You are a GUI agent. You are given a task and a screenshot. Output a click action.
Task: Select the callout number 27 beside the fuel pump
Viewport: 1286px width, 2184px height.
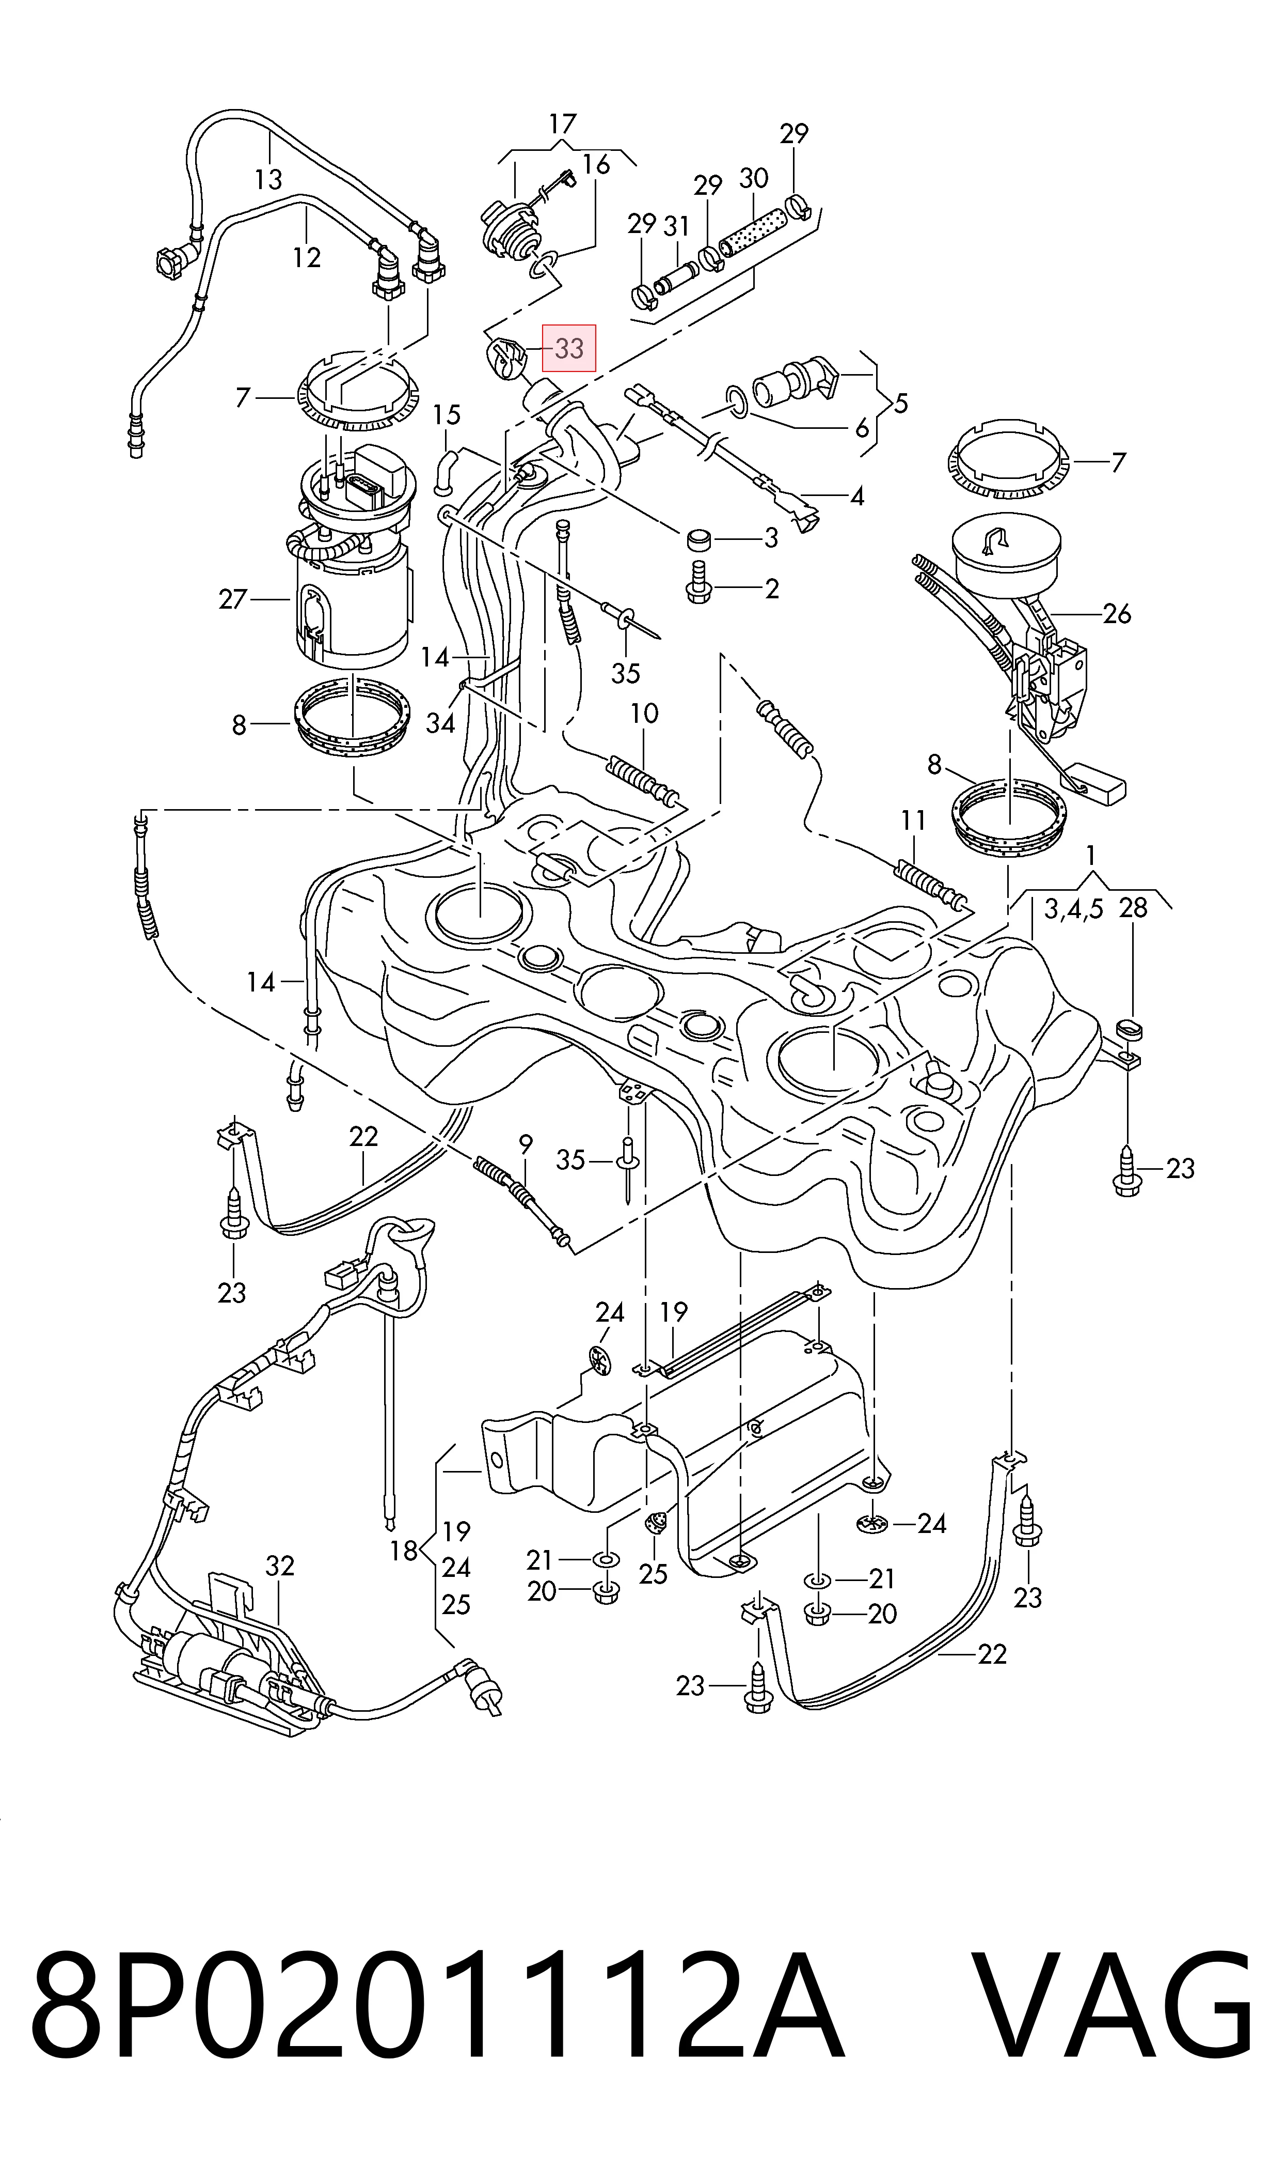click(233, 599)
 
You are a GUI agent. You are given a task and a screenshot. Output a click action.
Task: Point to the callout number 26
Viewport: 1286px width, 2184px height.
click(1117, 614)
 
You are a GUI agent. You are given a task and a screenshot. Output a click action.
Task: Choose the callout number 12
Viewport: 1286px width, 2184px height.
click(307, 257)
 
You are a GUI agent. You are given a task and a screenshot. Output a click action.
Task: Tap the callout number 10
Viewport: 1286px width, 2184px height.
click(644, 714)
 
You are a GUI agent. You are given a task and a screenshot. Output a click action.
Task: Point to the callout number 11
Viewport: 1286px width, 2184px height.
click(913, 819)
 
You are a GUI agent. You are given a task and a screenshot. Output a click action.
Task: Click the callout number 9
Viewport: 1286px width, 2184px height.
click(525, 1145)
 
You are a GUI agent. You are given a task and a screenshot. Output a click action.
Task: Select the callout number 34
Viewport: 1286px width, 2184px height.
click(440, 722)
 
